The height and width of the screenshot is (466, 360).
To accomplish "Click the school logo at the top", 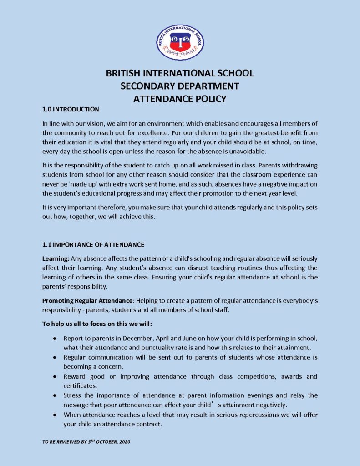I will pos(180,43).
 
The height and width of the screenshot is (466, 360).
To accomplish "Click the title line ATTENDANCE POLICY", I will pos(180,99).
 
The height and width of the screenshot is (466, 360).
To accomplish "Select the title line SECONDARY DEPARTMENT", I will pos(180,86).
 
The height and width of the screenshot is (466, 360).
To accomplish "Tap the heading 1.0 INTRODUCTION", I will pos(70,110).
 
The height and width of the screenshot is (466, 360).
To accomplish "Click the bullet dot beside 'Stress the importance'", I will pos(55,395).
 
